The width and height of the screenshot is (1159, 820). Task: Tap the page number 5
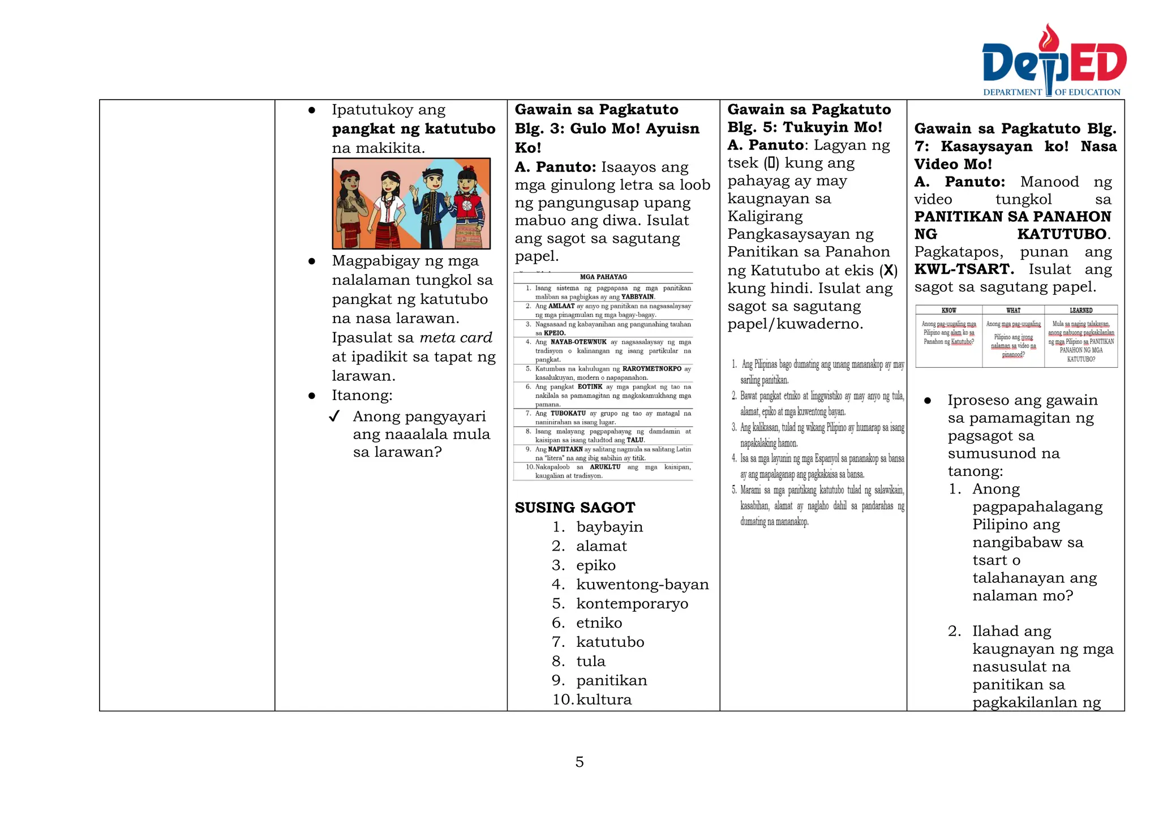pyautogui.click(x=579, y=762)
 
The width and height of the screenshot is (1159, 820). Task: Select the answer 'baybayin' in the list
pyautogui.click(x=609, y=527)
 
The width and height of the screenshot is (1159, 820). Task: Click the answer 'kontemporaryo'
pyautogui.click(x=632, y=604)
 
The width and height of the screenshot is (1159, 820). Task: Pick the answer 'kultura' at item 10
pyautogui.click(x=604, y=699)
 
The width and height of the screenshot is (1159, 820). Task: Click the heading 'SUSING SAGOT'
pyautogui.click(x=574, y=508)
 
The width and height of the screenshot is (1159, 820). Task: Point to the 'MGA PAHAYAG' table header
pyautogui.click(x=603, y=277)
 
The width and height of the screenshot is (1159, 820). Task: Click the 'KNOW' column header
pyautogui.click(x=948, y=310)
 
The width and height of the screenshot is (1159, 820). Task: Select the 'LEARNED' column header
pyautogui.click(x=1081, y=310)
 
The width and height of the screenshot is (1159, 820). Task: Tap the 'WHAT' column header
pyautogui.click(x=1013, y=310)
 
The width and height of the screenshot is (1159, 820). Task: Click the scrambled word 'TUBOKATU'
pyautogui.click(x=568, y=414)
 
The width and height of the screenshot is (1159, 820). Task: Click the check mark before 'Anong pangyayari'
pyautogui.click(x=334, y=417)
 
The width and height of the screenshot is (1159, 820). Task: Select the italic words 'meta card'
pyautogui.click(x=456, y=338)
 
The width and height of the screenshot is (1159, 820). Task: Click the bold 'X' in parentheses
pyautogui.click(x=888, y=271)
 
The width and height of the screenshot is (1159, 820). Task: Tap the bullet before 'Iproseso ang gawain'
pyautogui.click(x=927, y=401)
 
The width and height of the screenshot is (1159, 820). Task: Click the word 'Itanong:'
pyautogui.click(x=362, y=396)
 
